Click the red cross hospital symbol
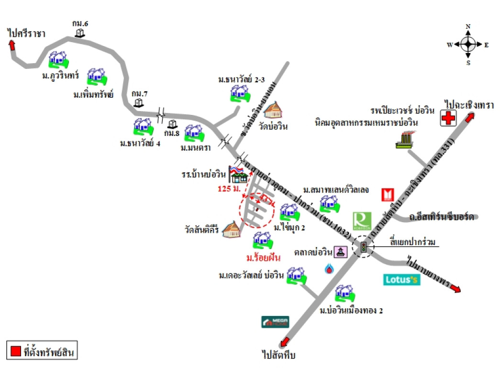coord(448,118)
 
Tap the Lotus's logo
coord(402,280)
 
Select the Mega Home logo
coord(275,322)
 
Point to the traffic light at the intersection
coord(364,248)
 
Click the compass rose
coord(468,45)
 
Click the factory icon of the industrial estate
coord(406,140)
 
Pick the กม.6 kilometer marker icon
coord(80,33)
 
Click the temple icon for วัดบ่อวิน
coord(274,110)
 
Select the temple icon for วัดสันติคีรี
coord(231,229)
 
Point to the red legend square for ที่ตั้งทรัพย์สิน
coord(15,351)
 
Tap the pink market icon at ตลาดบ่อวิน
coord(340,252)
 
